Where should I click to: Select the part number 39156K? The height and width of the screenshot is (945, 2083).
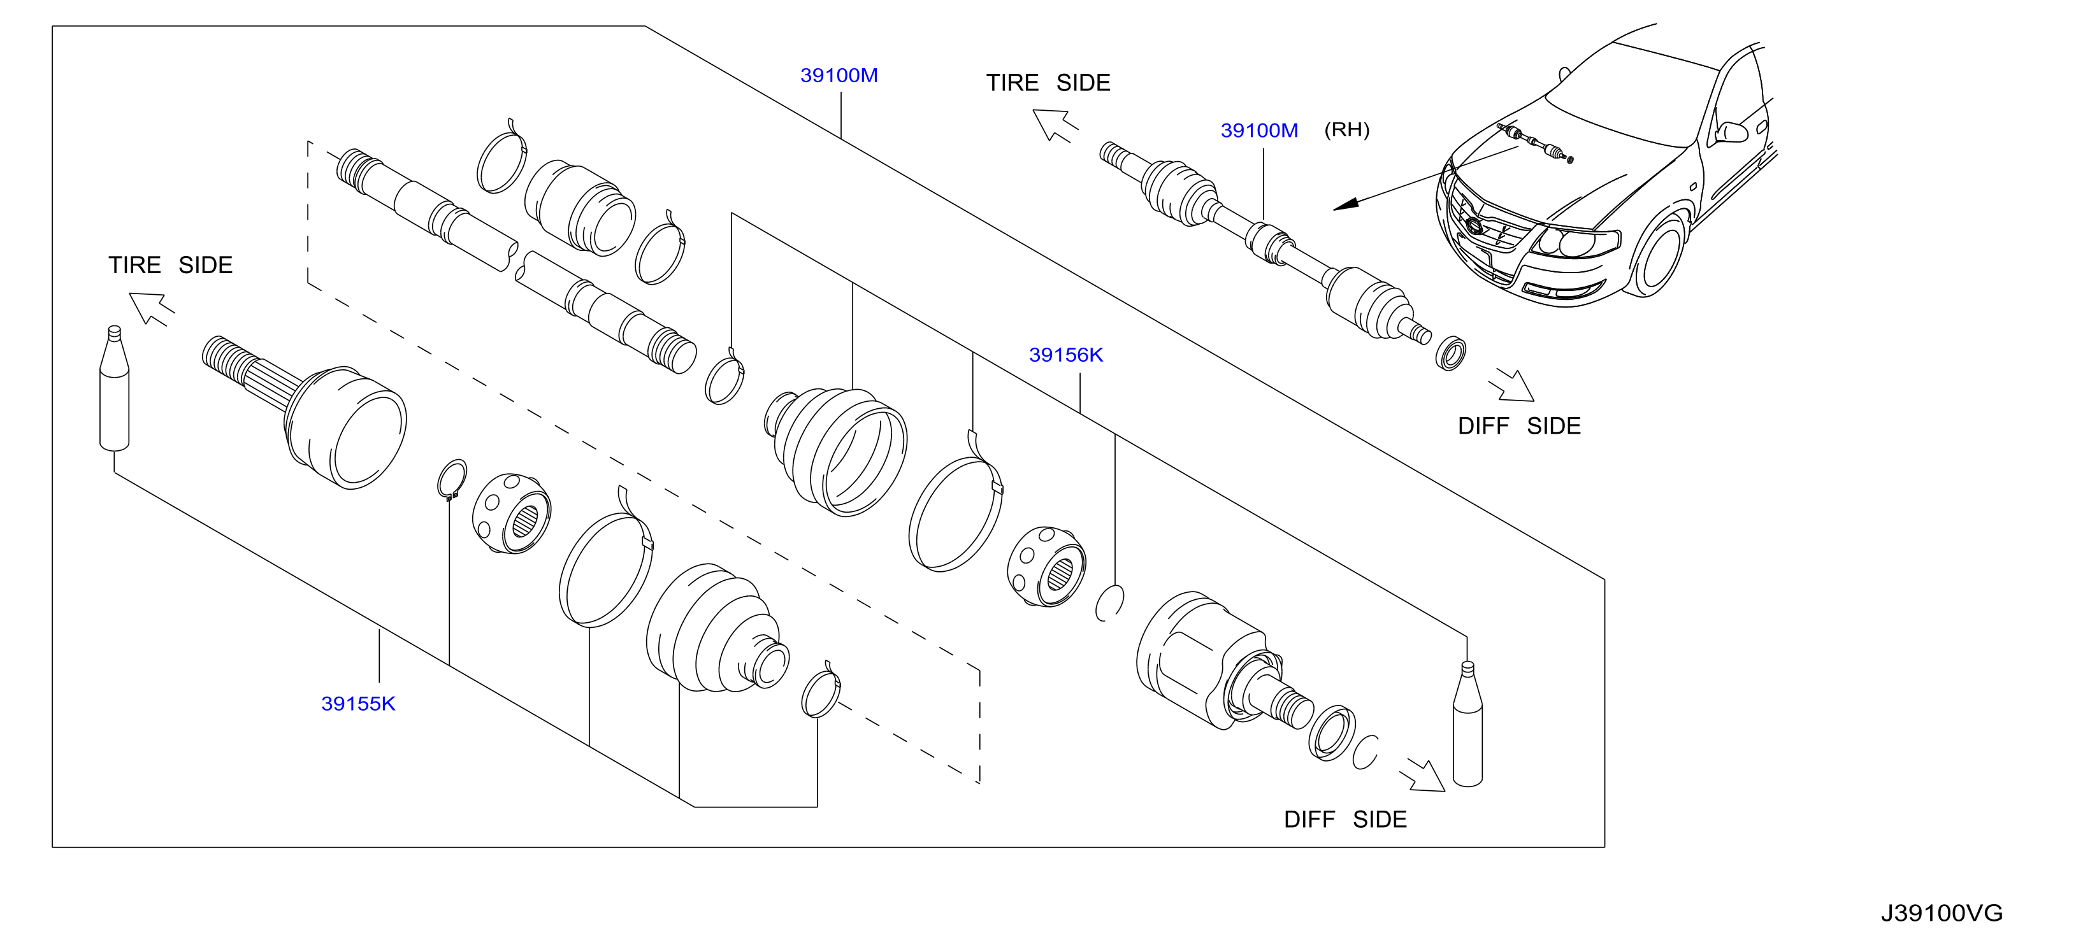1066,355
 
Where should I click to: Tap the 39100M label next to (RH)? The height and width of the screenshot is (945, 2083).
1259,130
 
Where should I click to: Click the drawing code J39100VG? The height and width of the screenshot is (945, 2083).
1942,913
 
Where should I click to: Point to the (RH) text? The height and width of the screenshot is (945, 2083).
1346,129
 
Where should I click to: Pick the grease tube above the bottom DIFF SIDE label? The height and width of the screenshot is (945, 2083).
1467,723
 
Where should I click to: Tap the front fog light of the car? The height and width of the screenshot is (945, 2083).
1563,288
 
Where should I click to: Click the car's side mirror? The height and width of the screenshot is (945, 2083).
1729,132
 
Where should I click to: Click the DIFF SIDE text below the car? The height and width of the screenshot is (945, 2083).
1518,426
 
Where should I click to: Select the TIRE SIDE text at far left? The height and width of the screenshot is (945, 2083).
171,265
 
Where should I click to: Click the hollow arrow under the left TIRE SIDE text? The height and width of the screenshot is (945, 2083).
151,309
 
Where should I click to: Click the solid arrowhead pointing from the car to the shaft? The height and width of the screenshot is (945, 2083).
1344,204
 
